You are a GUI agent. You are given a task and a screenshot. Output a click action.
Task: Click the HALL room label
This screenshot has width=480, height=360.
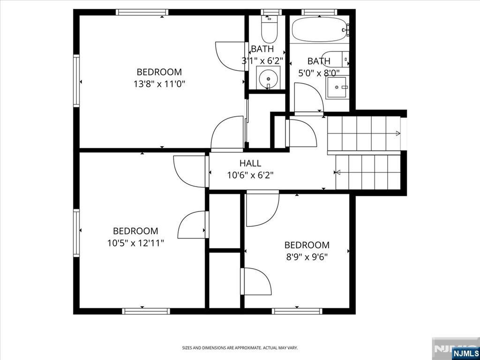coord(250,163)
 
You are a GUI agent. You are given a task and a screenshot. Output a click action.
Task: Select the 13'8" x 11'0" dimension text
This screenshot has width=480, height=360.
coord(159,84)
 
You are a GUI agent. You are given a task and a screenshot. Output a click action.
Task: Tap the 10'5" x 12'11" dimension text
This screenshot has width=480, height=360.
coord(135,243)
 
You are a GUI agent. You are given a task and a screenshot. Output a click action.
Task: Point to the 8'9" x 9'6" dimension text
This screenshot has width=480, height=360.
coord(307,257)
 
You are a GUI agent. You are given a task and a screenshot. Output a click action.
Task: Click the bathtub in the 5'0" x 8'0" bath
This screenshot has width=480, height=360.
coord(320,30)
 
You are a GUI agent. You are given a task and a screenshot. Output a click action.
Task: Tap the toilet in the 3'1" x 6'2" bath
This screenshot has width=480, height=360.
coord(269,29)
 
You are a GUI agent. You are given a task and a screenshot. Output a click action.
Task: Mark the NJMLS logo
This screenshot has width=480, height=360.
coord(465,353)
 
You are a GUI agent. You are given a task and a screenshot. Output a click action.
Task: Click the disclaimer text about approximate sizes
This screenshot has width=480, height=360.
coord(240,348)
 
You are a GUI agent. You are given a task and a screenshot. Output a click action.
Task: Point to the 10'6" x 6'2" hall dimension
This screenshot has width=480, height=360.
coord(250,175)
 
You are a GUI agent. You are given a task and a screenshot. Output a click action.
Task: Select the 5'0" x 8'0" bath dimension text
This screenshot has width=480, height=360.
coord(319,73)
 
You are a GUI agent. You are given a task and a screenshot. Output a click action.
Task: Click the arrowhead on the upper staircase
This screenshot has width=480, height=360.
coord(398,133)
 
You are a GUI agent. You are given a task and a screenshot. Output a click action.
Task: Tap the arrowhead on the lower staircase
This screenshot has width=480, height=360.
coord(338,172)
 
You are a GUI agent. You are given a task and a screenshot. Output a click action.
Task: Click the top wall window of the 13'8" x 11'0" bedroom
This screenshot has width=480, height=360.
coord(142,12)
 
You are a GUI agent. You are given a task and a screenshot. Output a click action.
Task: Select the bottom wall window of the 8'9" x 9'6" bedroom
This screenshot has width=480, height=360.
coord(297,311)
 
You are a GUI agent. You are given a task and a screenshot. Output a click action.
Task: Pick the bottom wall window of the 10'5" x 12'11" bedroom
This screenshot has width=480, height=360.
coord(146,311)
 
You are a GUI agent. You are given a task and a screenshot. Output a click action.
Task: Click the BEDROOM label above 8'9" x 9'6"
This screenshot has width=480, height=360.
coord(307,245)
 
